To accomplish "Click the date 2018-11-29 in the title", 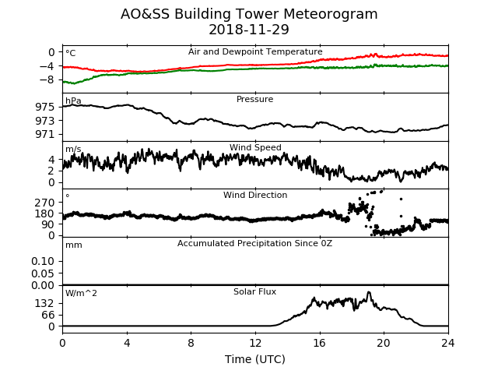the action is coord(249,30).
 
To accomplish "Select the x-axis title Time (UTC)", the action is coord(255,359).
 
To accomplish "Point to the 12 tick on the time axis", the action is coord(255,343).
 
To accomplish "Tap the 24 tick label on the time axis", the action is coord(448,343).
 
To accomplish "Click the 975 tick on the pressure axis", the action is coord(45,108).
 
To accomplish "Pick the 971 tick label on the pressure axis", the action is coord(45,135).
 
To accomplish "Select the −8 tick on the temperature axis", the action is coord(47,79).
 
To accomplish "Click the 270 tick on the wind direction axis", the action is coord(45,203).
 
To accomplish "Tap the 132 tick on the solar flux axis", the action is coord(45,304).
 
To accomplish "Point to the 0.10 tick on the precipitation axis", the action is coord(43,262).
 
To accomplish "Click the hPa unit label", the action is coord(73,101).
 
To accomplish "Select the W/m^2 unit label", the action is coord(81,293).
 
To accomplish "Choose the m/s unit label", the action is coord(73,149).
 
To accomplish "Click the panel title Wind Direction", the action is coord(255,195).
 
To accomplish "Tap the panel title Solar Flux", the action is coord(254,291).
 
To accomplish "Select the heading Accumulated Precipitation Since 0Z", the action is coord(254,243).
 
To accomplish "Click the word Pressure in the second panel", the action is coord(254,99).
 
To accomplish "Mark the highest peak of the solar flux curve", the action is coord(369,292).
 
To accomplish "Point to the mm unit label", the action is coord(74,245).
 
